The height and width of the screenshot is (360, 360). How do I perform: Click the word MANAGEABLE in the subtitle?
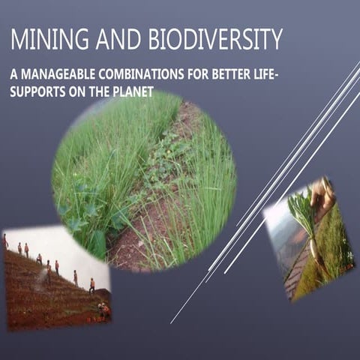[60, 75]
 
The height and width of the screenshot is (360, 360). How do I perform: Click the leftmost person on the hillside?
[6, 241]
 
